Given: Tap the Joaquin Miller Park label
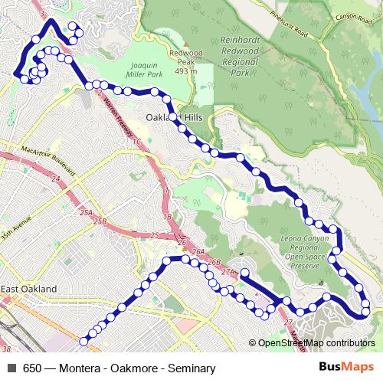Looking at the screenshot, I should pos(148,70).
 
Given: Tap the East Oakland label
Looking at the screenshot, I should pos(28,289).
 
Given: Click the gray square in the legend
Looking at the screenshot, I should pos(11,368).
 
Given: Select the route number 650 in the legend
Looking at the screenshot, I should pos(32,368).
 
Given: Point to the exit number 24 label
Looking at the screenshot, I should pos(55,178).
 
